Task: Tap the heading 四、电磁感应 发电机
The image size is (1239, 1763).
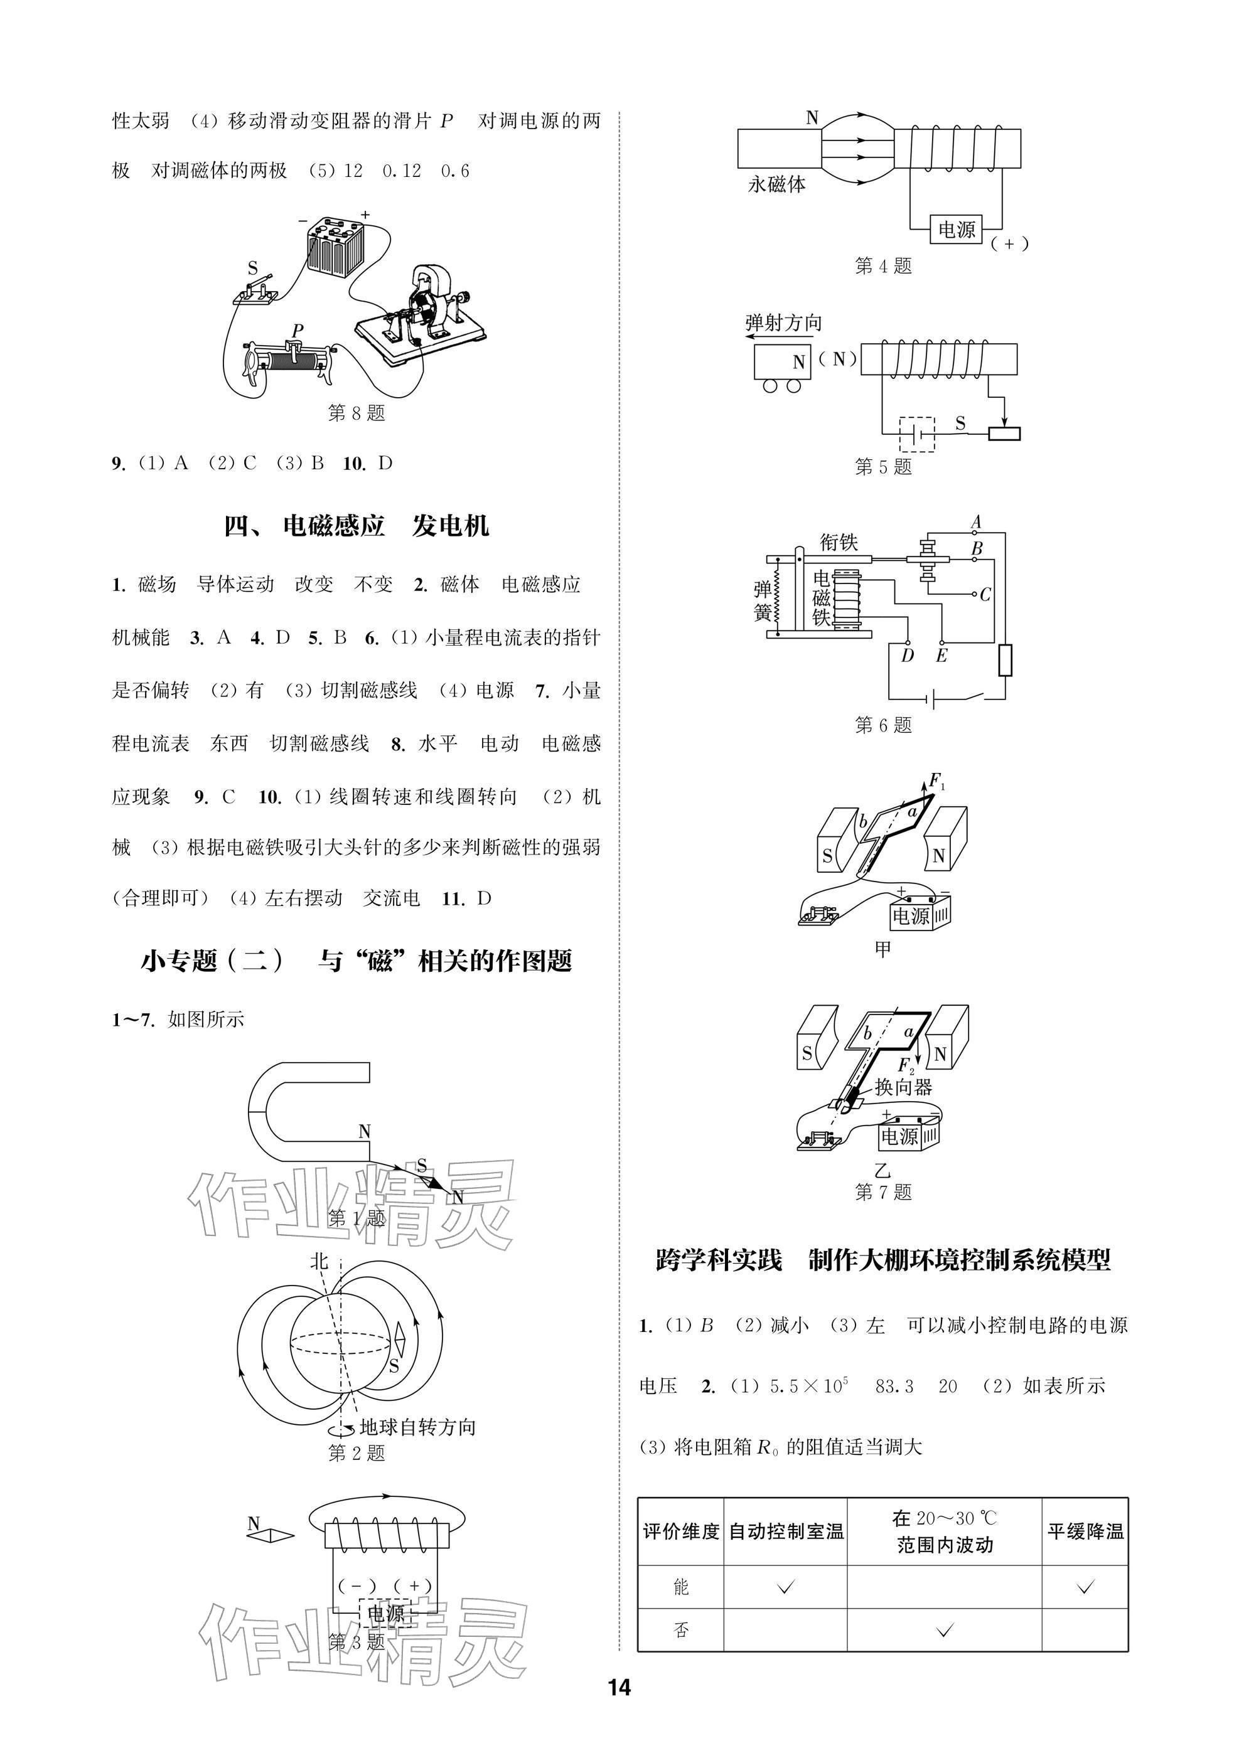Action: pyautogui.click(x=357, y=526)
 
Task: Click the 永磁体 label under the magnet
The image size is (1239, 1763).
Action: pyautogui.click(x=776, y=184)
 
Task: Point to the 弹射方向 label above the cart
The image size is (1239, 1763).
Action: pyautogui.click(x=783, y=322)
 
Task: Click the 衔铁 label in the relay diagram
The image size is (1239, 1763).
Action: pyautogui.click(x=839, y=542)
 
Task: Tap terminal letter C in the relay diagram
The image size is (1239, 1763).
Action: pyautogui.click(x=985, y=594)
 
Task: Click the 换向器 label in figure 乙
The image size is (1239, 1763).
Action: pyautogui.click(x=903, y=1087)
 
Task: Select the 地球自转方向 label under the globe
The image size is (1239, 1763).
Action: pyautogui.click(x=418, y=1427)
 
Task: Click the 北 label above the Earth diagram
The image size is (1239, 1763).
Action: pyautogui.click(x=319, y=1261)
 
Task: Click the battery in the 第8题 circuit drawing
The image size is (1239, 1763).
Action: pyautogui.click(x=335, y=247)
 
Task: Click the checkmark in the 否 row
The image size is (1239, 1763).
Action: pyautogui.click(x=945, y=1629)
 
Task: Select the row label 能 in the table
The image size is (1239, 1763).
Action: pyautogui.click(x=680, y=1587)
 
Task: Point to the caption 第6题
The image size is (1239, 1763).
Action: pyautogui.click(x=883, y=725)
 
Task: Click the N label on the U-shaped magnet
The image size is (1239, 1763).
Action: pyautogui.click(x=365, y=1131)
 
